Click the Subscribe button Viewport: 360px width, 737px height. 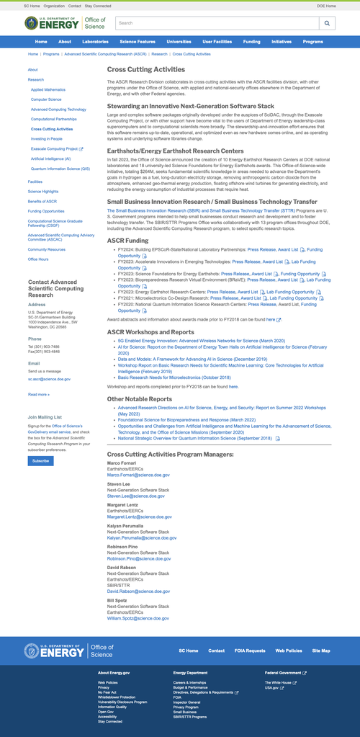point(40,460)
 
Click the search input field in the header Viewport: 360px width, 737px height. point(216,24)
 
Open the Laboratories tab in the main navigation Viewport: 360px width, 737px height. point(96,42)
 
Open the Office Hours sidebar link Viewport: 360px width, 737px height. point(38,259)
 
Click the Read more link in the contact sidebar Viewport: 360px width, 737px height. point(38,394)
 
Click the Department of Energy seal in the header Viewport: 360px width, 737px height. point(33,24)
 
